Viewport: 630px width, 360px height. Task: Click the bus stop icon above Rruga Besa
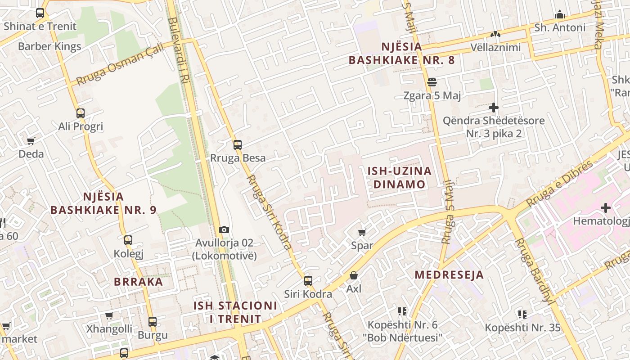[x=237, y=145]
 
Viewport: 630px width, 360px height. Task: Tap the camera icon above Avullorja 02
[x=224, y=230]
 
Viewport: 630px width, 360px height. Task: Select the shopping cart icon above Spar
[x=362, y=233]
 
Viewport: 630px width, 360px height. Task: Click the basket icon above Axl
[x=354, y=275]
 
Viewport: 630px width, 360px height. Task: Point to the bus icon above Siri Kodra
[x=308, y=281]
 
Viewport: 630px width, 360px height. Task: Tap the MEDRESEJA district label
[x=449, y=275]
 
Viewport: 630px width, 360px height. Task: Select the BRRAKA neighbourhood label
[x=138, y=282]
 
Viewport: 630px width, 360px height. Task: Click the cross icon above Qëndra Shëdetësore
[x=494, y=108]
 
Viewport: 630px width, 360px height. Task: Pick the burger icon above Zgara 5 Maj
[x=432, y=82]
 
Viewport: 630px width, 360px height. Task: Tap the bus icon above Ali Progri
[x=81, y=113]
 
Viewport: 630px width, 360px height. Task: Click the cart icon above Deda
[x=31, y=141]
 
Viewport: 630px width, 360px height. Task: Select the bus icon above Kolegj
[x=128, y=240]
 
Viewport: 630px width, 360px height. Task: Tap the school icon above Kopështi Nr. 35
[x=522, y=314]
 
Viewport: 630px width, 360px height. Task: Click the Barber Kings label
[x=49, y=46]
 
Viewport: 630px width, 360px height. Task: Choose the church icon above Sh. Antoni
[x=560, y=15]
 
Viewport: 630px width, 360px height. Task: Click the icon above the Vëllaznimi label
[x=495, y=34]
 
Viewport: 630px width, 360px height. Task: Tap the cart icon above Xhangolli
[x=109, y=316]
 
